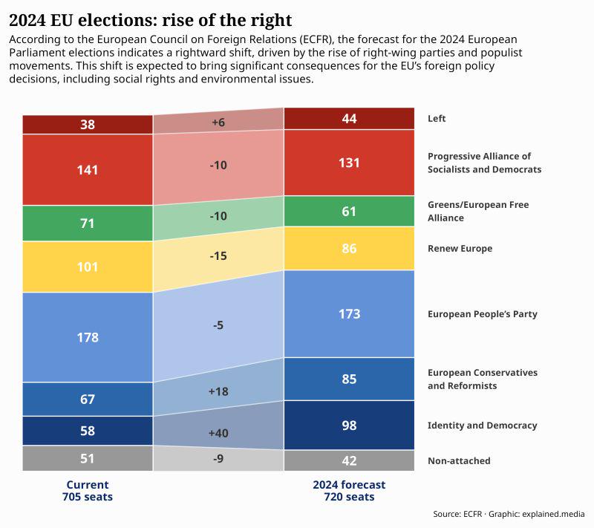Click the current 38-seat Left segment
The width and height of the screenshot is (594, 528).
(x=88, y=125)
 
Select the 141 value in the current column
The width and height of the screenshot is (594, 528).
(x=88, y=170)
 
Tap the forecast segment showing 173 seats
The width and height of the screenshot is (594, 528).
(x=349, y=314)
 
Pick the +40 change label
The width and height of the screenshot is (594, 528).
(x=218, y=433)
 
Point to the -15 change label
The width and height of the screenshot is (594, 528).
(x=218, y=256)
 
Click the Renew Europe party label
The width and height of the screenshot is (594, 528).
(x=460, y=249)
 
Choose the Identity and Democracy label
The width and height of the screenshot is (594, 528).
(x=482, y=426)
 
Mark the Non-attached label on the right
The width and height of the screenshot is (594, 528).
(x=459, y=461)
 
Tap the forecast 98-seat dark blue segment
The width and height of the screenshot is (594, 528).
(x=349, y=426)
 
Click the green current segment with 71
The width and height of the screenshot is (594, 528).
(x=88, y=224)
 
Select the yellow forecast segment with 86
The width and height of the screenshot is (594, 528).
(x=349, y=249)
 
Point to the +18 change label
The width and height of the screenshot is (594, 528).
(x=218, y=391)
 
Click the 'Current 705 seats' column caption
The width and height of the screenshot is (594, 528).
(x=88, y=491)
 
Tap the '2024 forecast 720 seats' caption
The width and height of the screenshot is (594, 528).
(x=349, y=491)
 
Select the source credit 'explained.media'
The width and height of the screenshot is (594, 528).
(x=552, y=514)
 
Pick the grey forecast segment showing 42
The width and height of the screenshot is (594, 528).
(x=349, y=461)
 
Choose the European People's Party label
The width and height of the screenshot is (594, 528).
(x=482, y=314)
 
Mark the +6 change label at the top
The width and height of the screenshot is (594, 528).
(x=218, y=123)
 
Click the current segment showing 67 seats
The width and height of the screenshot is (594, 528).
(x=88, y=400)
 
